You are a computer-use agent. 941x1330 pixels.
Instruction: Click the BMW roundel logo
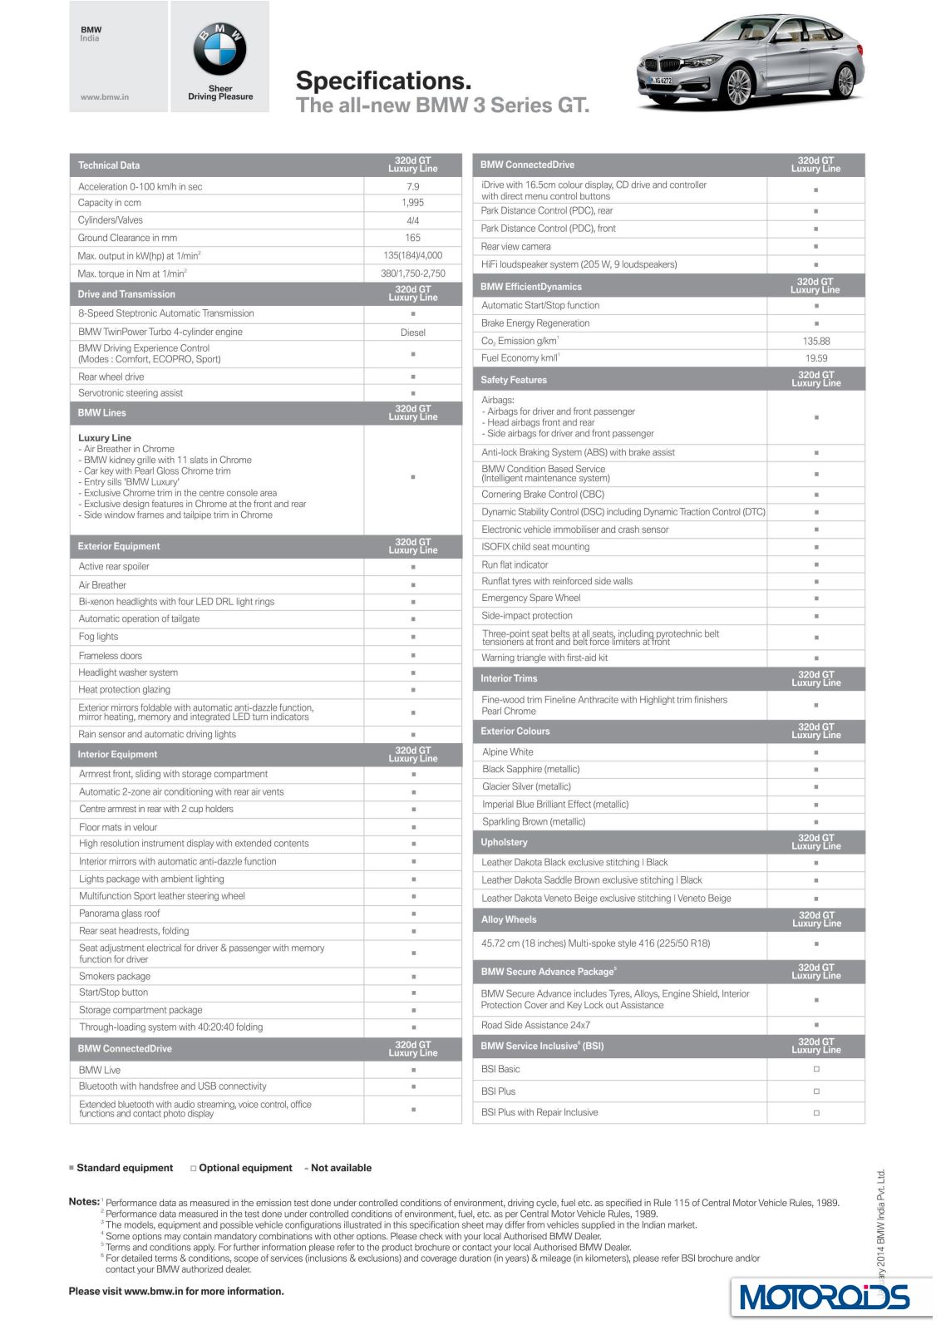pos(219,50)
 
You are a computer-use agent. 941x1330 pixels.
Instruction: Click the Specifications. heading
pos(383,81)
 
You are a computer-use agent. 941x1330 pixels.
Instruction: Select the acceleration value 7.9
pos(413,187)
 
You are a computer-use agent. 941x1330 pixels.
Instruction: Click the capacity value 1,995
pos(413,203)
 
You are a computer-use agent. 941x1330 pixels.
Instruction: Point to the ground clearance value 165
pos(413,238)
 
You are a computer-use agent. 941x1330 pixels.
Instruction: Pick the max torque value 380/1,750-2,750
pos(413,273)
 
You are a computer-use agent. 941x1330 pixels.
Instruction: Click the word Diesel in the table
pos(413,332)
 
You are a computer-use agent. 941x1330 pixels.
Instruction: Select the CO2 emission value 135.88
pos(816,342)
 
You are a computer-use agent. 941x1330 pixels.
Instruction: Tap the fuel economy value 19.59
pos(816,358)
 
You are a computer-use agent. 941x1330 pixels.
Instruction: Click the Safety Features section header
pos(514,380)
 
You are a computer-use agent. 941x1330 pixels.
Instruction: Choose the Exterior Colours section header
pos(515,731)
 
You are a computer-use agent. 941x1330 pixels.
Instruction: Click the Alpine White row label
pos(508,752)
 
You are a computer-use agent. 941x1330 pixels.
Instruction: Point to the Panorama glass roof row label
pos(120,914)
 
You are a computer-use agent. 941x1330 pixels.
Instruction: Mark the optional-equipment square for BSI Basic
pos(816,1069)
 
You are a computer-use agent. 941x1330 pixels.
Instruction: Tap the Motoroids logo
pos(825,1297)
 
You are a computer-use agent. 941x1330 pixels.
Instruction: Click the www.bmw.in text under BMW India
pos(105,97)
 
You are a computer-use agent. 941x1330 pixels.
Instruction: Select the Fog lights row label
pos(99,637)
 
